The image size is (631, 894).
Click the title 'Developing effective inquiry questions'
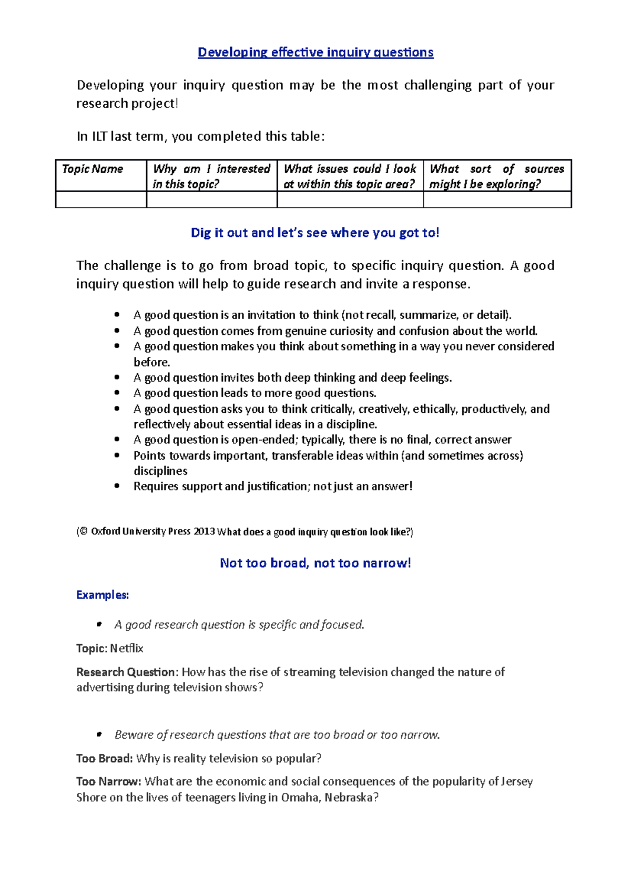315,52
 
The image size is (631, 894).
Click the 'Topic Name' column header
93,169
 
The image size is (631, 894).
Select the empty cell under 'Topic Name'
101,200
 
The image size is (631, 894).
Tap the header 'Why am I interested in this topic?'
211,176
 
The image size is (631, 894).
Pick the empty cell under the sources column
497,200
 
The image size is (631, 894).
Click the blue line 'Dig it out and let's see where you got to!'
314,233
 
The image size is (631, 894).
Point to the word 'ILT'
99,136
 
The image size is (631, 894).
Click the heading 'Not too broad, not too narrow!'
315,563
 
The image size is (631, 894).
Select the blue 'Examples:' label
103,595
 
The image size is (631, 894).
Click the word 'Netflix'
127,649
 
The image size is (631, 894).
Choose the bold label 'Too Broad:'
104,759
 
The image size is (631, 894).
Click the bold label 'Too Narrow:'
108,782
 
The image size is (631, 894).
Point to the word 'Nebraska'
349,798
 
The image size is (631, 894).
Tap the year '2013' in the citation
204,532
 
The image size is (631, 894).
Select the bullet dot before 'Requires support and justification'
117,486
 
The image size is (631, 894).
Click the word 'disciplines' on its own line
160,471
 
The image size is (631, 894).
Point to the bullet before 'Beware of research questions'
98,734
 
